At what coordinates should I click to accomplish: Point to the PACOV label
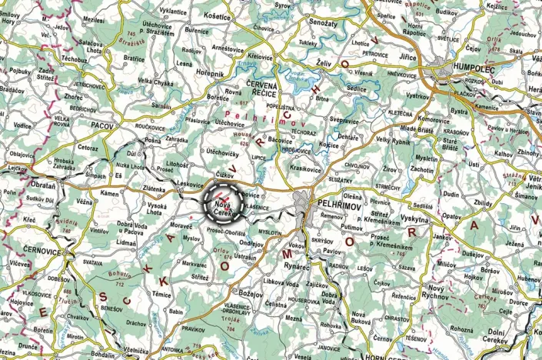point(101,124)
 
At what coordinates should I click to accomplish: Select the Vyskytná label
point(414,218)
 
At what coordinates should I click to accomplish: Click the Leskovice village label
point(189,185)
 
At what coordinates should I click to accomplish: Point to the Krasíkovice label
point(306,168)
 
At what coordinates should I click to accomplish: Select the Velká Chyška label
point(155,82)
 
